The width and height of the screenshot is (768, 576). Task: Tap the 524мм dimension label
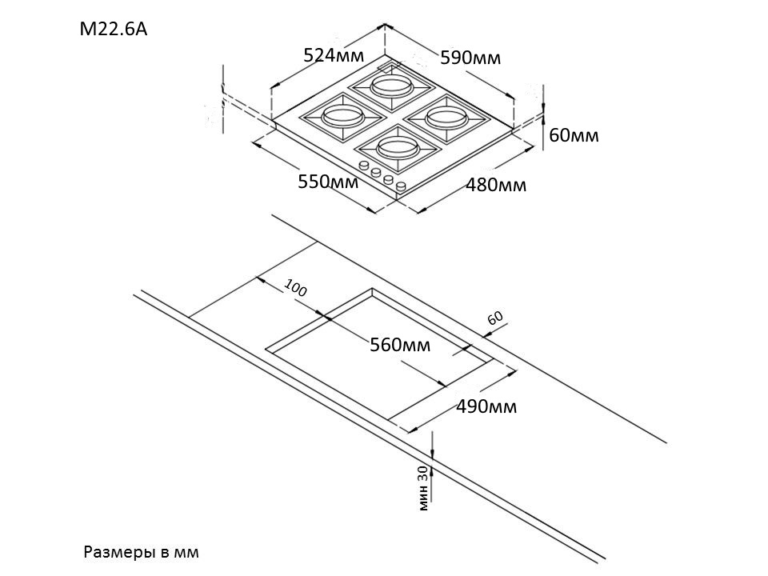[334, 55]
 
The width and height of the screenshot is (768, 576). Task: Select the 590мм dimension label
[470, 58]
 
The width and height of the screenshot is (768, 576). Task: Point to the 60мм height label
[574, 135]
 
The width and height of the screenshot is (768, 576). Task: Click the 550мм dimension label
[328, 182]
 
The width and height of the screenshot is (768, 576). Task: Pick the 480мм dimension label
[496, 186]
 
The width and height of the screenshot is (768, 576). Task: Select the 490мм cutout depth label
[486, 406]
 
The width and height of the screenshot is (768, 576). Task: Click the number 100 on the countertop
[295, 290]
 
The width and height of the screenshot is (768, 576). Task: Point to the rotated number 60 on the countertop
[496, 318]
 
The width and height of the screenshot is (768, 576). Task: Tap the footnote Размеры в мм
[140, 552]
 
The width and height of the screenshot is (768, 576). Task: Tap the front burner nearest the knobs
[398, 146]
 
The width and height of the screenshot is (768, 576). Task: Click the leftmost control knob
[364, 166]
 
